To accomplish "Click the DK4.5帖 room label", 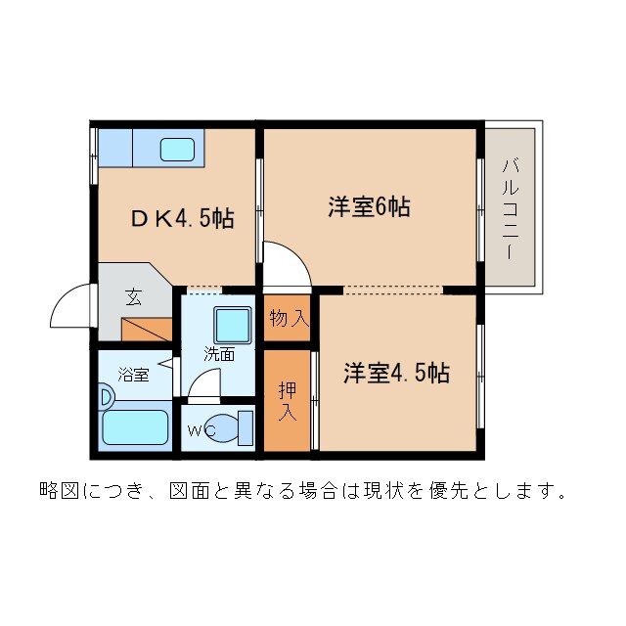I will coord(183,218).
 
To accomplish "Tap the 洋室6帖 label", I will coord(368,206).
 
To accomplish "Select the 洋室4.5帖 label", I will coord(396,373).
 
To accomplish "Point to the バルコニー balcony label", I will coord(510,208).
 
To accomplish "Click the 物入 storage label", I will coord(289,318).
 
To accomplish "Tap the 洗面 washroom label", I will coord(219,354).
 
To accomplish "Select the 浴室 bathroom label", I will coord(133,374).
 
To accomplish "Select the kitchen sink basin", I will coord(177,150).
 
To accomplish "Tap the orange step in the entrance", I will coord(147,330).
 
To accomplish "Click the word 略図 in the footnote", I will coord(58,489).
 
